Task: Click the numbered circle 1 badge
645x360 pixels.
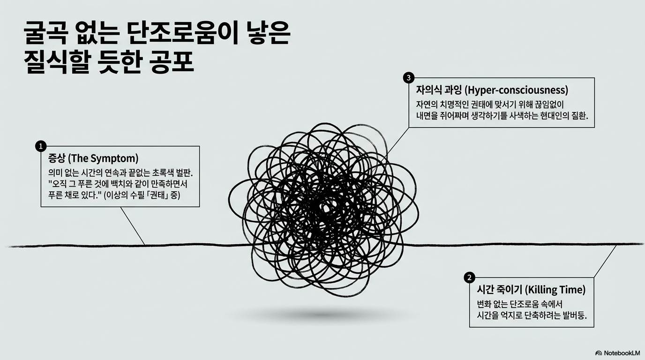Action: (x=41, y=146)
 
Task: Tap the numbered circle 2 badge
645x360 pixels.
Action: (x=469, y=277)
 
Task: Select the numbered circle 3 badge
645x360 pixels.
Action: (x=409, y=77)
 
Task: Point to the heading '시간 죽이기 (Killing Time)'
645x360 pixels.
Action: (x=531, y=290)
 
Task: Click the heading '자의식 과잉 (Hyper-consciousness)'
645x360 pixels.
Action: (x=492, y=90)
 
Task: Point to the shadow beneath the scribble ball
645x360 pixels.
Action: (x=323, y=314)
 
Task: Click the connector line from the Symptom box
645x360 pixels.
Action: (x=133, y=225)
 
